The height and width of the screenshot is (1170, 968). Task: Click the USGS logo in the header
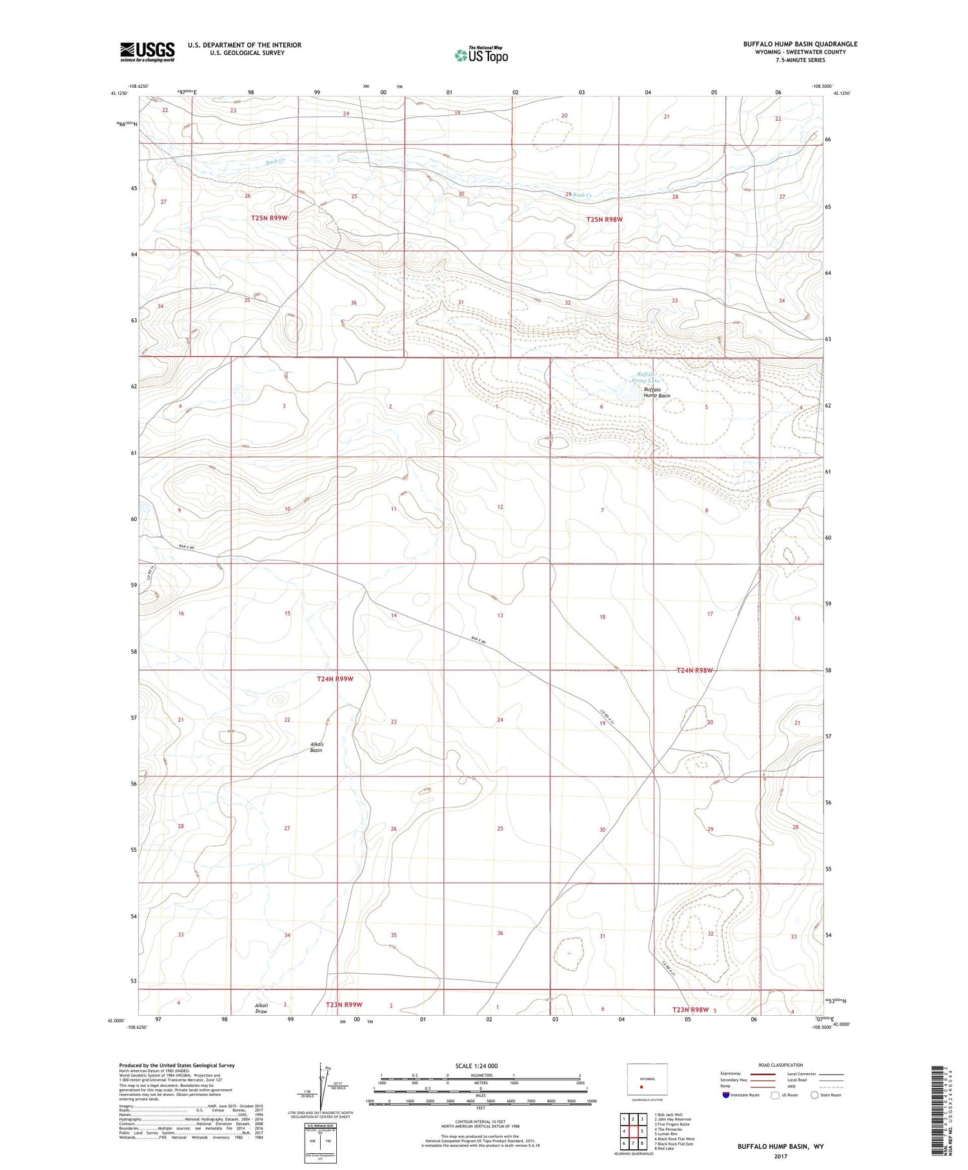point(147,52)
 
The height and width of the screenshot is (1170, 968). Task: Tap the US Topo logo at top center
point(481,55)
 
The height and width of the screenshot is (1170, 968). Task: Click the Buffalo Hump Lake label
point(646,378)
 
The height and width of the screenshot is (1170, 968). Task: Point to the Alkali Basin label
point(316,747)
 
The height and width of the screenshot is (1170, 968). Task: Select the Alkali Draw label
point(261,1009)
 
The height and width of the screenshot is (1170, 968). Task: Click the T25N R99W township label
point(269,218)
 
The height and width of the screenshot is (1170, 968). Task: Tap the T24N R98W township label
point(694,671)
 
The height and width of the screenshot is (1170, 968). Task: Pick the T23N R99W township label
point(344,1005)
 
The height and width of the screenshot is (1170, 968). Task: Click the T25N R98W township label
point(605,219)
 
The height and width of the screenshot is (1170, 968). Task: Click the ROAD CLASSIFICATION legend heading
point(781,1065)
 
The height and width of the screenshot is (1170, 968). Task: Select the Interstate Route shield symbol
point(727,1095)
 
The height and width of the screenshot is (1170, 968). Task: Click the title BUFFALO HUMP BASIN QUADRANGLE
point(800,44)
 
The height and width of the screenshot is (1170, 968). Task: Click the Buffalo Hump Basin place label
point(657,392)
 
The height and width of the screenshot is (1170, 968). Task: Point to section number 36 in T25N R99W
point(354,303)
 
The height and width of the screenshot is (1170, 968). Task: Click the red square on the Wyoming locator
point(641,1085)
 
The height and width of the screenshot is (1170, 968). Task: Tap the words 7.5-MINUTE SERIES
point(800,60)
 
